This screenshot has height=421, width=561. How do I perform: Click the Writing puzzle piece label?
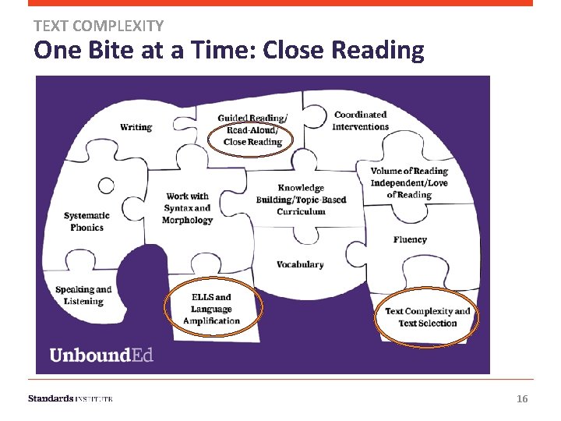click(x=136, y=127)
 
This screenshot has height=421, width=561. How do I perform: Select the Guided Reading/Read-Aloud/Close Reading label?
click(x=252, y=130)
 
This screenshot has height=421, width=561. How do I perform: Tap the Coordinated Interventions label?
click(x=360, y=121)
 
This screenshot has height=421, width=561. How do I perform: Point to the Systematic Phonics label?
click(x=86, y=221)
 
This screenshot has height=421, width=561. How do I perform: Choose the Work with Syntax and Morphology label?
click(x=187, y=208)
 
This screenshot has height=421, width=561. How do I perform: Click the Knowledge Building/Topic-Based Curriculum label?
click(x=301, y=200)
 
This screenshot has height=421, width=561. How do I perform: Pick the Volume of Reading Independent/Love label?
click(x=409, y=182)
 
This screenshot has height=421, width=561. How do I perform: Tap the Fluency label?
click(x=410, y=239)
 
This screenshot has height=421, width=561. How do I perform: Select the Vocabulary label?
click(x=300, y=264)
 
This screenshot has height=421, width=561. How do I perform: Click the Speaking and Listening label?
click(x=83, y=295)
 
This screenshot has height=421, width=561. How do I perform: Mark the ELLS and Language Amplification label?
click(x=211, y=309)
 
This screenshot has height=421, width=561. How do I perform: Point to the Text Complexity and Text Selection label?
click(x=427, y=317)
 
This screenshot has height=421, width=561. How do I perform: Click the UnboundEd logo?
click(x=101, y=355)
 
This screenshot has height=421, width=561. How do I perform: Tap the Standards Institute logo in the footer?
click(x=70, y=398)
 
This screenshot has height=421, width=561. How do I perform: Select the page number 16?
click(x=522, y=399)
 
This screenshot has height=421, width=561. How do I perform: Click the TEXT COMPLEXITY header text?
click(x=98, y=26)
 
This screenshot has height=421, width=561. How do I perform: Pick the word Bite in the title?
click(x=111, y=51)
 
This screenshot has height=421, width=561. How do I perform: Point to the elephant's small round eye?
click(x=106, y=185)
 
